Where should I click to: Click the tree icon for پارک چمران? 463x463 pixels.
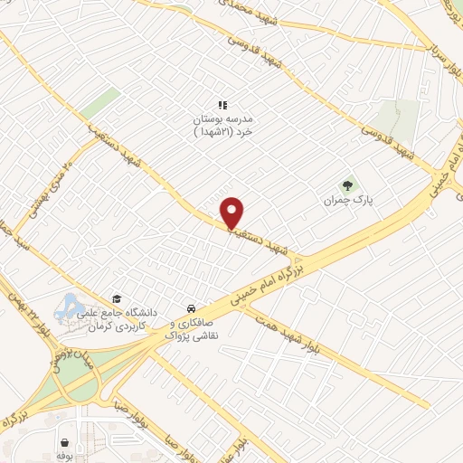[x=347, y=185]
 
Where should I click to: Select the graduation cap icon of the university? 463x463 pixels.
[x=115, y=298]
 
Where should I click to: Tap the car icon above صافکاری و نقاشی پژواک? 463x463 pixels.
[x=190, y=307]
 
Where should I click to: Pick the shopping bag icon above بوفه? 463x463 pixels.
[x=65, y=443]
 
